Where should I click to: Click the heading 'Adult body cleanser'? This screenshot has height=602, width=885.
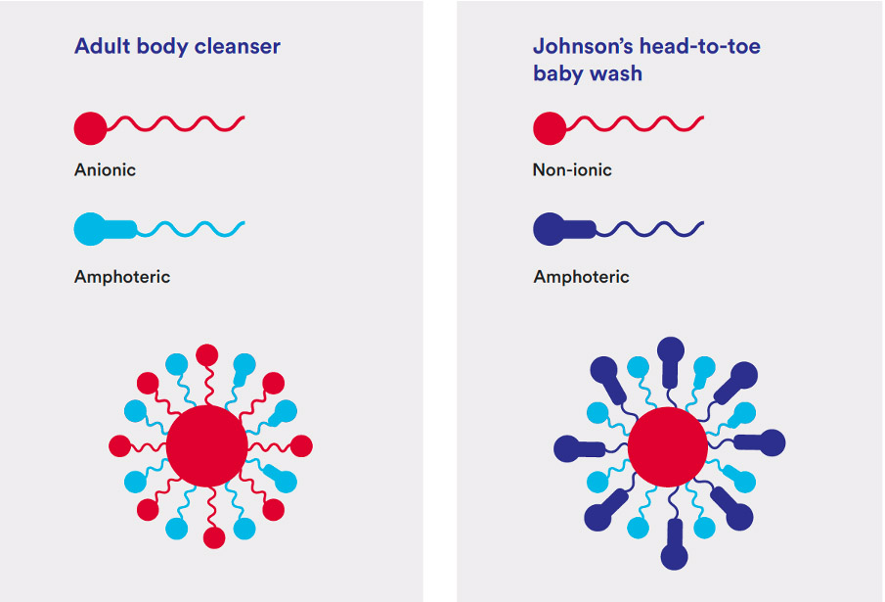point(177,46)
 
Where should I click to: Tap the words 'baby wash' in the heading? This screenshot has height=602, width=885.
point(587,73)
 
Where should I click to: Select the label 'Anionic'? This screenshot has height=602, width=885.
point(105,169)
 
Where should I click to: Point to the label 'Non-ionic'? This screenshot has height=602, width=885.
point(572,169)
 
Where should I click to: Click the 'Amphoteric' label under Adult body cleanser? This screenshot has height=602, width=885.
point(122,277)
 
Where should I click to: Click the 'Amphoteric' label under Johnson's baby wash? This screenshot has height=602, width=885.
point(581,277)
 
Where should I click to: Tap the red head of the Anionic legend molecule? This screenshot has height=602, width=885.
point(90,127)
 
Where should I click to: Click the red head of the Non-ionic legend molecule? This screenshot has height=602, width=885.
point(549,127)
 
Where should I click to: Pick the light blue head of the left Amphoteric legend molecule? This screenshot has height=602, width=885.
point(91,229)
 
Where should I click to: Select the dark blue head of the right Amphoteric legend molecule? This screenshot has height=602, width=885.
point(550,229)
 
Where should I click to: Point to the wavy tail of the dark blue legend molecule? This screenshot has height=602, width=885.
point(650,229)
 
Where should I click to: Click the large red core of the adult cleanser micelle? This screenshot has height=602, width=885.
point(206,445)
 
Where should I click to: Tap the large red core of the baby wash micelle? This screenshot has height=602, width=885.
point(667,445)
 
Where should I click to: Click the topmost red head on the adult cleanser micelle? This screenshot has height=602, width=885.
point(206,354)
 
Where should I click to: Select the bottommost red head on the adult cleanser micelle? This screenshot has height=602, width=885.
point(212,537)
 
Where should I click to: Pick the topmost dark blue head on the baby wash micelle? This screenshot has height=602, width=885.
point(671,349)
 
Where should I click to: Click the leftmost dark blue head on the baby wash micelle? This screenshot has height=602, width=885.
point(566,448)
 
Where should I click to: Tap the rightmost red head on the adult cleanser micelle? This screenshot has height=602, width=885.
point(301,446)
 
